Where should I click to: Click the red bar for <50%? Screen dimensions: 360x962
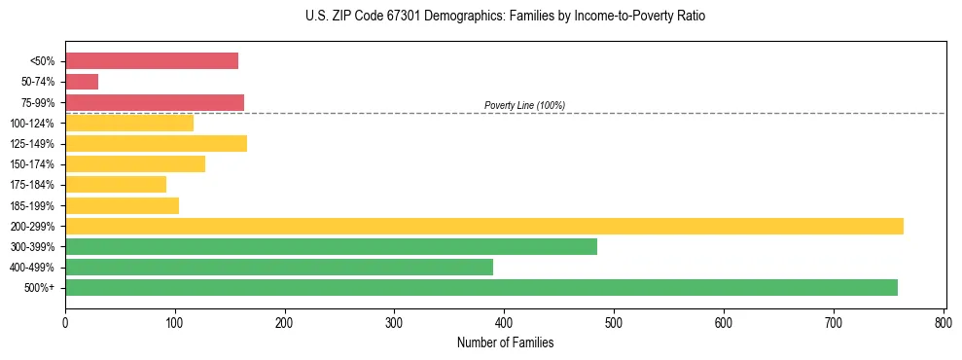coord(152,61)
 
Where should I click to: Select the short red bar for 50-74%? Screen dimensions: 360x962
coord(82,82)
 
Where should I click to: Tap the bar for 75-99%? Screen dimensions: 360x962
coord(155,102)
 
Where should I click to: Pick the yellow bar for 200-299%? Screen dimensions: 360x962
coord(483,226)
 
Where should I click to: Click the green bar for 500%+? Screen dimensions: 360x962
coord(481,287)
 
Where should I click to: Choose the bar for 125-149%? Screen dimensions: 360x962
coord(156,144)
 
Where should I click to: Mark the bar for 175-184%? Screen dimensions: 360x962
coord(116,185)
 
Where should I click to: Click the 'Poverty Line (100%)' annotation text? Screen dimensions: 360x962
coord(524,105)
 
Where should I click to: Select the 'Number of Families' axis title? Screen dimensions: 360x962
coord(505,342)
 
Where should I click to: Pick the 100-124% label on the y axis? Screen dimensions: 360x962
coord(31,124)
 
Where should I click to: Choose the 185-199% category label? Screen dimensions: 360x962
coord(31,205)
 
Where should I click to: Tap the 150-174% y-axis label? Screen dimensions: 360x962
coord(31,164)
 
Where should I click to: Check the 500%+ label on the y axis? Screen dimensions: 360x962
coord(39,288)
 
